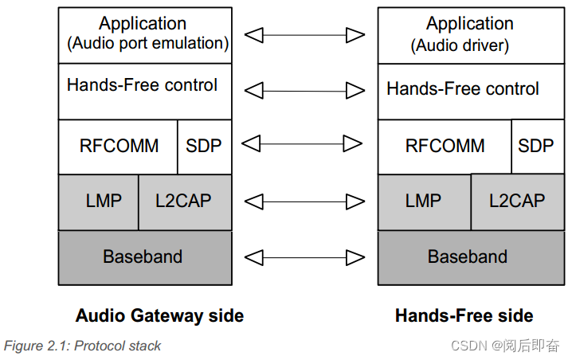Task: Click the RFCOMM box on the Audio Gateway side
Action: tap(118, 147)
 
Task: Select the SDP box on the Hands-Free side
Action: tap(535, 147)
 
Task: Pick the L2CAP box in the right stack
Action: tap(516, 201)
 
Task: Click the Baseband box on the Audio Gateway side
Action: tap(144, 257)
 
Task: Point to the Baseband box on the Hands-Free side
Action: tap(468, 257)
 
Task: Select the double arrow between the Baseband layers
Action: tap(304, 257)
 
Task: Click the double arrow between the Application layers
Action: tap(304, 35)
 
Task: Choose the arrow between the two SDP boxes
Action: tap(304, 143)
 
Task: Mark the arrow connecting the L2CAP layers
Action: tap(304, 201)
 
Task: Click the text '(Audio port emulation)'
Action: tap(148, 44)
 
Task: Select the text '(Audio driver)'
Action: tap(460, 45)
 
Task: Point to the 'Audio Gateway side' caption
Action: tap(159, 316)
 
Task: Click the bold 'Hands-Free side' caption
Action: tap(464, 316)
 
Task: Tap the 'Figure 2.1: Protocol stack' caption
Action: tap(83, 346)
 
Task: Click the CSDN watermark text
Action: tap(505, 346)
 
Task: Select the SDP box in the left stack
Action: tap(203, 147)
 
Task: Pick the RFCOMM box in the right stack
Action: tap(445, 147)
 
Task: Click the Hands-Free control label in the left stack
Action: tap(142, 85)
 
